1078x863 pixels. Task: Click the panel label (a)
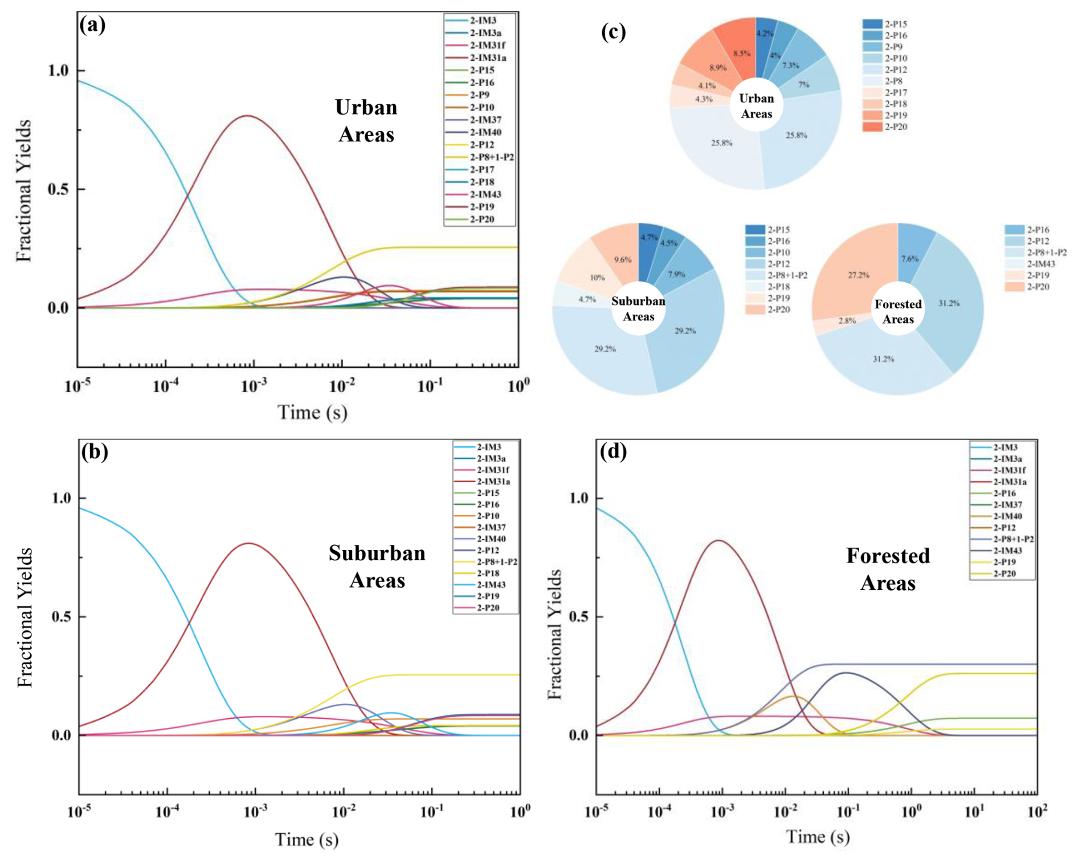pyautogui.click(x=92, y=25)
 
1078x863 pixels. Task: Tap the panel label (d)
pyautogui.click(x=613, y=451)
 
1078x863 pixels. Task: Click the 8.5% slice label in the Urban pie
pyautogui.click(x=742, y=53)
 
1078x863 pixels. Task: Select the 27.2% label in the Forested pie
pyautogui.click(x=859, y=275)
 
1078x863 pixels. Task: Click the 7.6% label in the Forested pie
pyautogui.click(x=909, y=259)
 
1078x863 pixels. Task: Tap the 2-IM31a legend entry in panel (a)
pyautogui.click(x=488, y=58)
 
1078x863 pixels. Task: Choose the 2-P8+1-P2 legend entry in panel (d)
pyautogui.click(x=1013, y=539)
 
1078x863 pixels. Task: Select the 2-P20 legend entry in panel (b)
pyautogui.click(x=488, y=608)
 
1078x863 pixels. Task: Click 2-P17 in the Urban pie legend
pyautogui.click(x=896, y=92)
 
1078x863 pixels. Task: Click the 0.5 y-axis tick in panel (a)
pyautogui.click(x=58, y=189)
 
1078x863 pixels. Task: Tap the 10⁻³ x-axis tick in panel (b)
pyautogui.click(x=255, y=812)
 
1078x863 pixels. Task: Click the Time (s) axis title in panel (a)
pyautogui.click(x=312, y=412)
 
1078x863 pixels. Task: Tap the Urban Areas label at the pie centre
pyautogui.click(x=756, y=106)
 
